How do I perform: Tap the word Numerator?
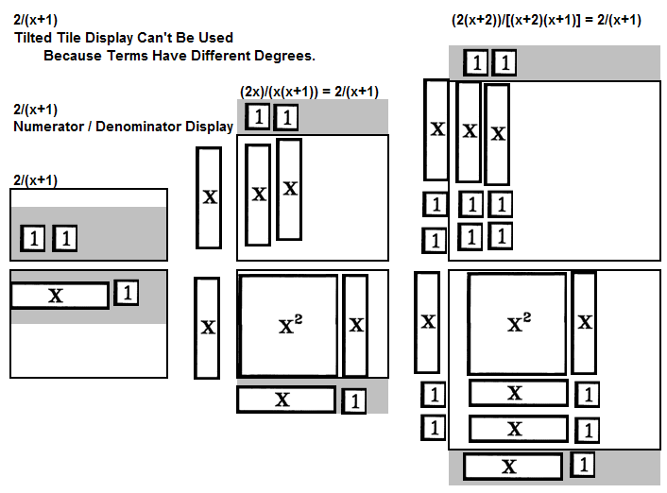point(48,127)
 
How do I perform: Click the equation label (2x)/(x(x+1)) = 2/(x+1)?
point(309,92)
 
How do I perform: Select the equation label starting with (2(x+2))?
point(546,20)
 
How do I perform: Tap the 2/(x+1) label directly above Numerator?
point(35,110)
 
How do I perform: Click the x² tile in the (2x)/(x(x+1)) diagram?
point(288,326)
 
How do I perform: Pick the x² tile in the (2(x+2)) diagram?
point(518,324)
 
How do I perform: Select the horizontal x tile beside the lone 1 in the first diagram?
point(60,296)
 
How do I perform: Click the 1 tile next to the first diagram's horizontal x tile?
point(126,293)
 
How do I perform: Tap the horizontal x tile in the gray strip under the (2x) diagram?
point(286,399)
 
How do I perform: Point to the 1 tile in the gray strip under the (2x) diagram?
point(354,401)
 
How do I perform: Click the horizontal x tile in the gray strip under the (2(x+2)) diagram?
point(513,467)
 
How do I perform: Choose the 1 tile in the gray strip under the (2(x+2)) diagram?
point(582,465)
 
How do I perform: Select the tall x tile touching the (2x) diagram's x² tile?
point(355,326)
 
